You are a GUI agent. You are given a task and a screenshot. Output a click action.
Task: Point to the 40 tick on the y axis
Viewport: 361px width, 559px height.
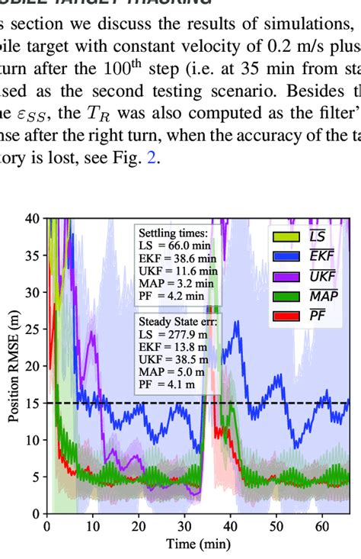pos(33,219)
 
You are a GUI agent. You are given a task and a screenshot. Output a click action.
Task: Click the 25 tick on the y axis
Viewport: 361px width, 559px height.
pos(33,329)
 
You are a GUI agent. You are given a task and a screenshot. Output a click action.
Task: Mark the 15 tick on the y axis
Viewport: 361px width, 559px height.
pos(33,403)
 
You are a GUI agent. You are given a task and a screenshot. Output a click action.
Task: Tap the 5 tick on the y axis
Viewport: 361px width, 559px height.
pos(36,477)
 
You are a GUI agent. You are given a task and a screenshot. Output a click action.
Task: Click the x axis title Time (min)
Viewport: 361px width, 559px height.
pos(197,545)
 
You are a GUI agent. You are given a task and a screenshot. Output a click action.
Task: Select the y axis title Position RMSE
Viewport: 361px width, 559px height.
pos(12,366)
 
